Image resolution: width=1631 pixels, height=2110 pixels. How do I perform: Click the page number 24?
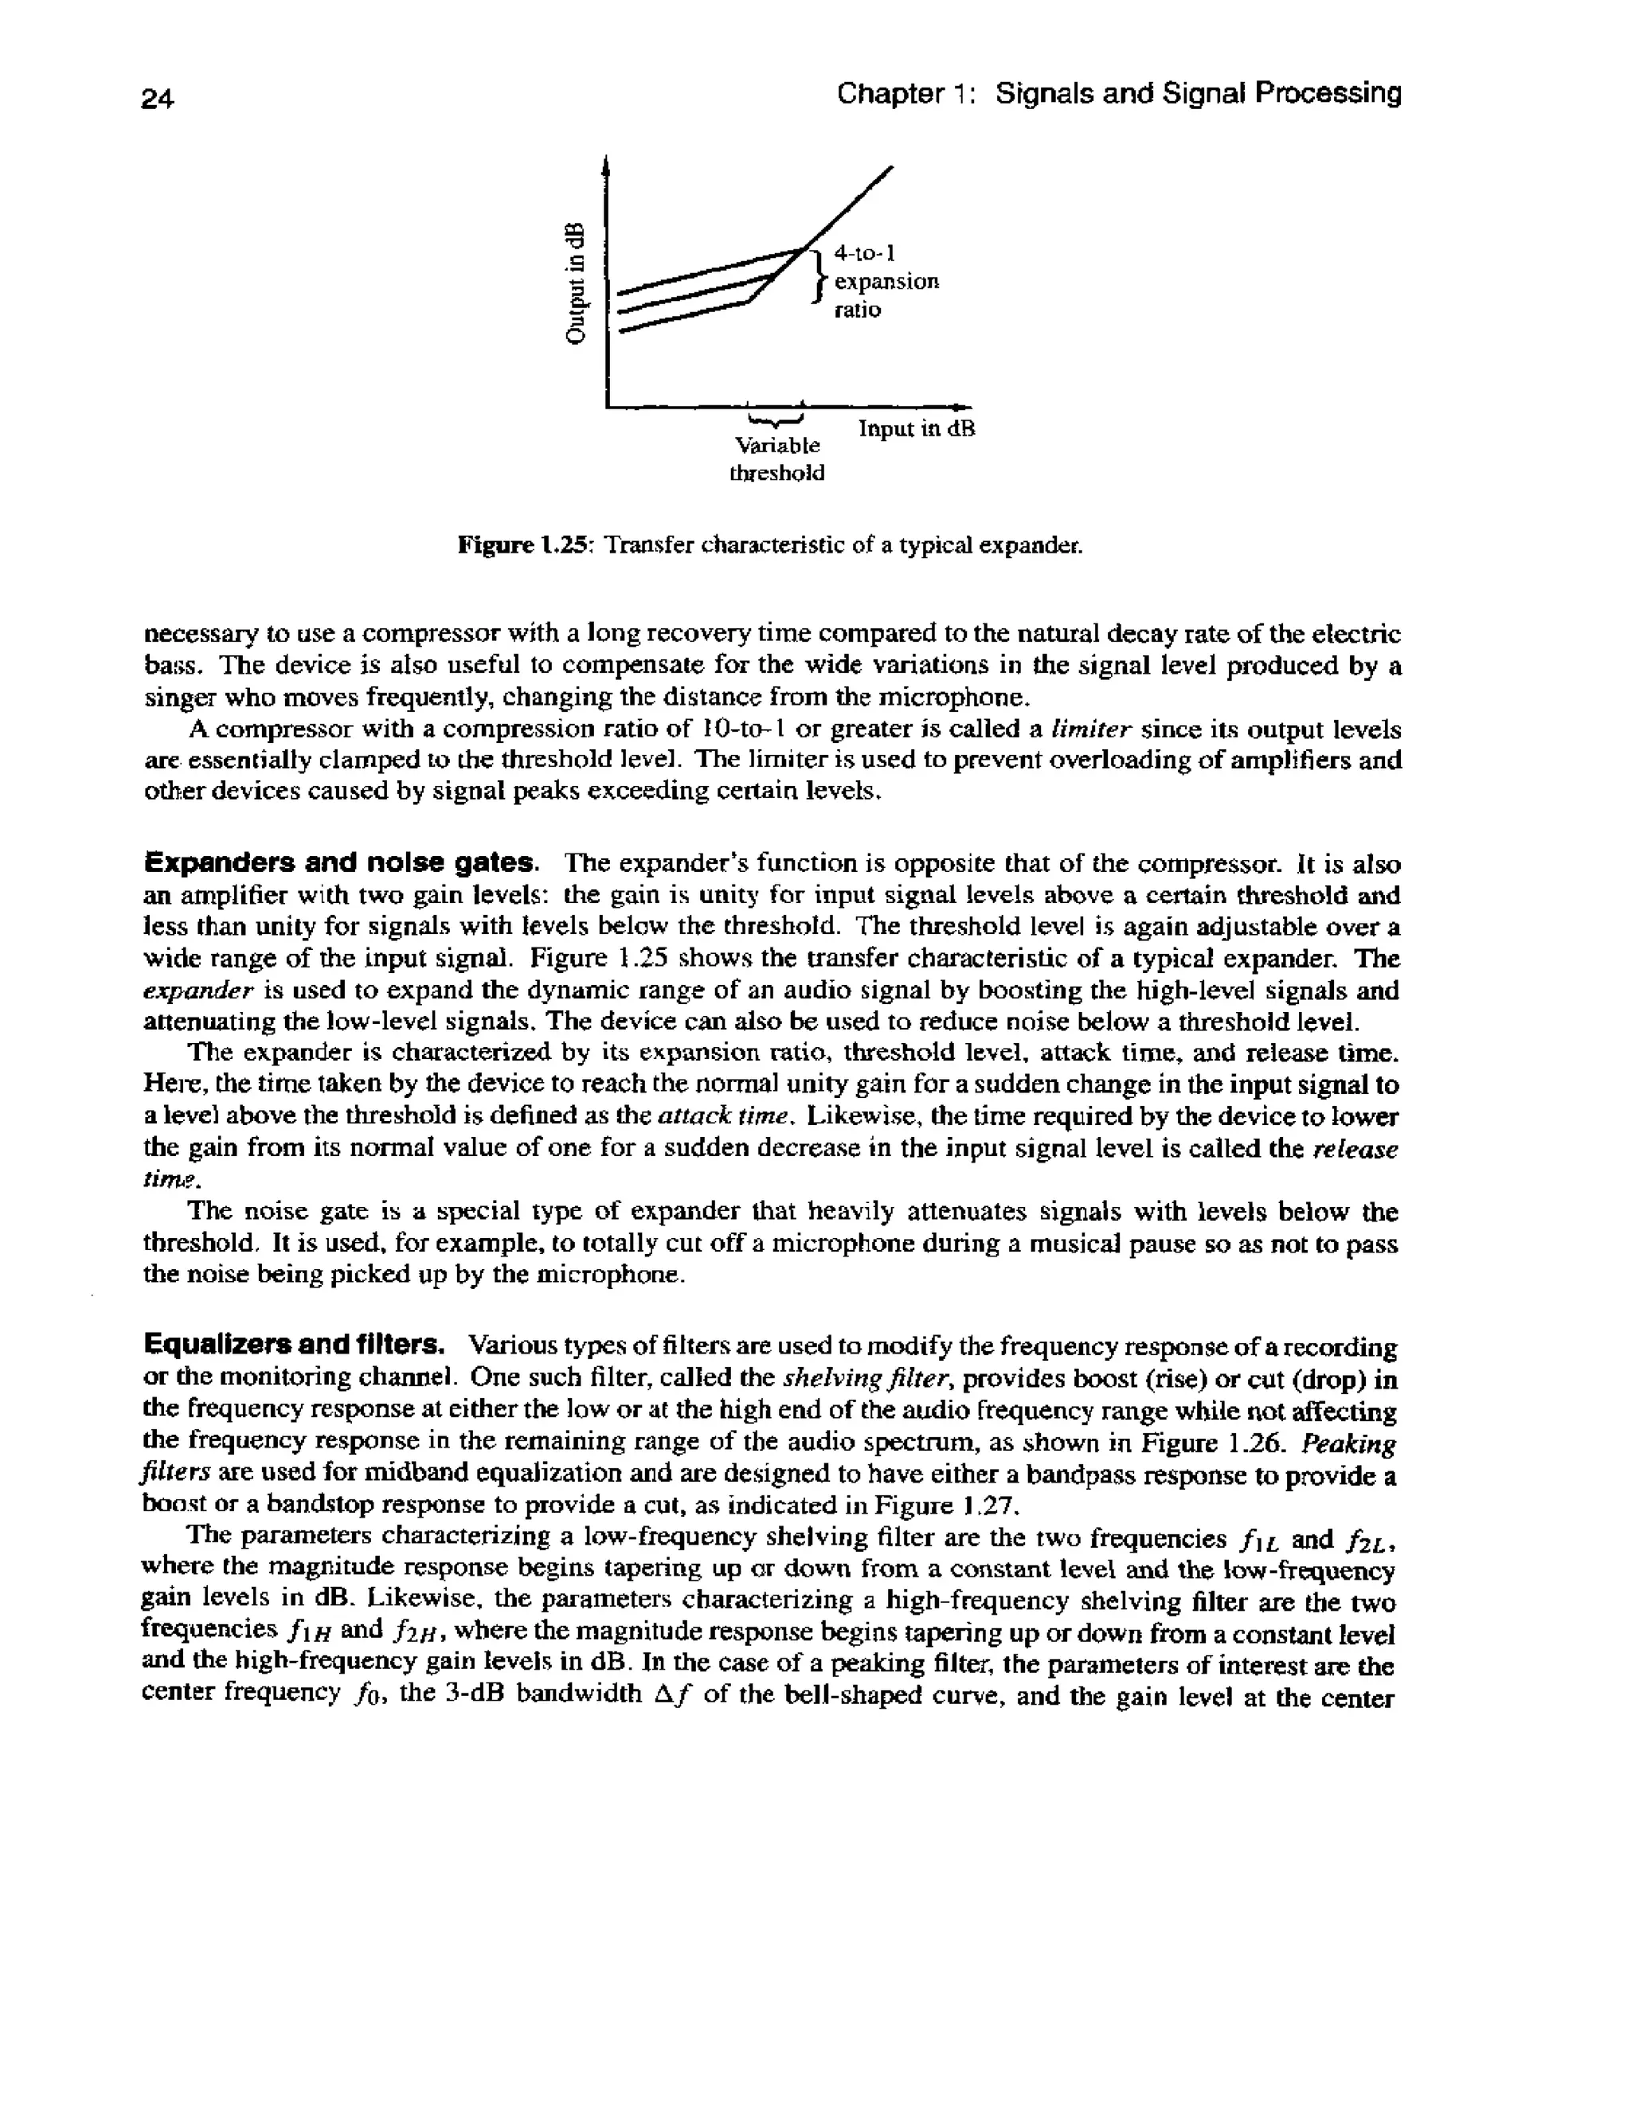pos(158,98)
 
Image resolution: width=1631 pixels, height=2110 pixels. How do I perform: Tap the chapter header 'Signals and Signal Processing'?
pos(1198,94)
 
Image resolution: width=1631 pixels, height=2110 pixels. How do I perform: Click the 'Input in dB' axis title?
pos(917,428)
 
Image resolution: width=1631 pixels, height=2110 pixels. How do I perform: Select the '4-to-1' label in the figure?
pos(866,253)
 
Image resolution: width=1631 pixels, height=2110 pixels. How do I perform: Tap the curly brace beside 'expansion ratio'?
pos(819,277)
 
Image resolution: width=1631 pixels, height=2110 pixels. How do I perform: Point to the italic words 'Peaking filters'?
pos(1348,1444)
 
